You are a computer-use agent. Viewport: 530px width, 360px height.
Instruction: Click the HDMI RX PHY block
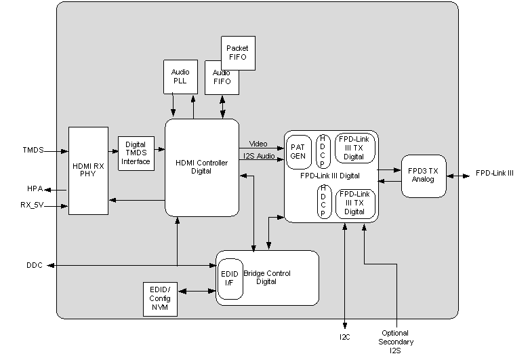[x=88, y=170]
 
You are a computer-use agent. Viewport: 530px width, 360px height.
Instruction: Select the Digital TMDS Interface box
[x=136, y=153]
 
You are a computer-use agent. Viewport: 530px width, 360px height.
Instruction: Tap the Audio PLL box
[x=180, y=76]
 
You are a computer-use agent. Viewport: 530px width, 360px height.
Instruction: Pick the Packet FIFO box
[x=238, y=53]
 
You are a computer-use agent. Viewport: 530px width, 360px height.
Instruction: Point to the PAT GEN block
[x=298, y=151]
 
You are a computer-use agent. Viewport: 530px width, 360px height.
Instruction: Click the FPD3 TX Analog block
[x=424, y=176]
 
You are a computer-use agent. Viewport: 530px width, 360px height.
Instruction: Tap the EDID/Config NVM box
[x=160, y=298]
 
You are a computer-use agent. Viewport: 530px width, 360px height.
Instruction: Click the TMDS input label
[x=33, y=150]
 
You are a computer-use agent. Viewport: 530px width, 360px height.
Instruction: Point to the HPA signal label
[x=35, y=188]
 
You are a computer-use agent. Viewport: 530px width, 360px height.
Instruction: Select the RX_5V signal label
[x=33, y=203]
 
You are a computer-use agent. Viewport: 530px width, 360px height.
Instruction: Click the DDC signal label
[x=35, y=265]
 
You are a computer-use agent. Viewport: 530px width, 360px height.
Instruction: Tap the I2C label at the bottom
[x=345, y=336]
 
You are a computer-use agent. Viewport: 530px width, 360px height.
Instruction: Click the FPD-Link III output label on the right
[x=494, y=174]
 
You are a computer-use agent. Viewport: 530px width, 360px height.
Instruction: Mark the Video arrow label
[x=259, y=144]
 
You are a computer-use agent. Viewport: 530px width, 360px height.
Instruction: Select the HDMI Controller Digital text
[x=201, y=167]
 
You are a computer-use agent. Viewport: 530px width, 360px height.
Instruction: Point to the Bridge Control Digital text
[x=267, y=277]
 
